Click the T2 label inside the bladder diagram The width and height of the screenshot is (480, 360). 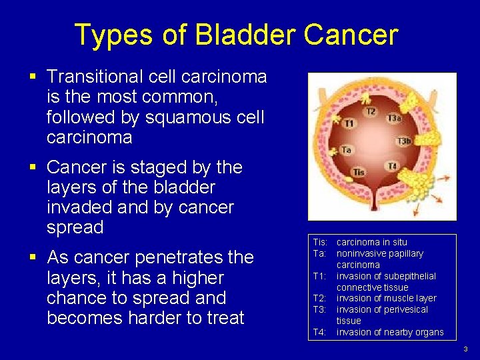[x=371, y=111]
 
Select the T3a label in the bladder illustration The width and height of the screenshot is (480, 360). [x=393, y=119]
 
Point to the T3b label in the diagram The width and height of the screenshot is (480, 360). [x=403, y=141]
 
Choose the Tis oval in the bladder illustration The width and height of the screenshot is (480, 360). [x=359, y=172]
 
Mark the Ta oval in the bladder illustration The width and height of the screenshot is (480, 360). [x=347, y=150]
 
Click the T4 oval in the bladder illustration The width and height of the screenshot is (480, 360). [x=393, y=165]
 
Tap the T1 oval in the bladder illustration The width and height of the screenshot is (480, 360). [x=349, y=123]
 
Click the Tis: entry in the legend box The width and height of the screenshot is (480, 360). [x=319, y=242]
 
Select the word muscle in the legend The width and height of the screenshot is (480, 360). [x=399, y=298]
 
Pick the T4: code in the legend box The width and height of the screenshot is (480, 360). [x=319, y=332]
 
